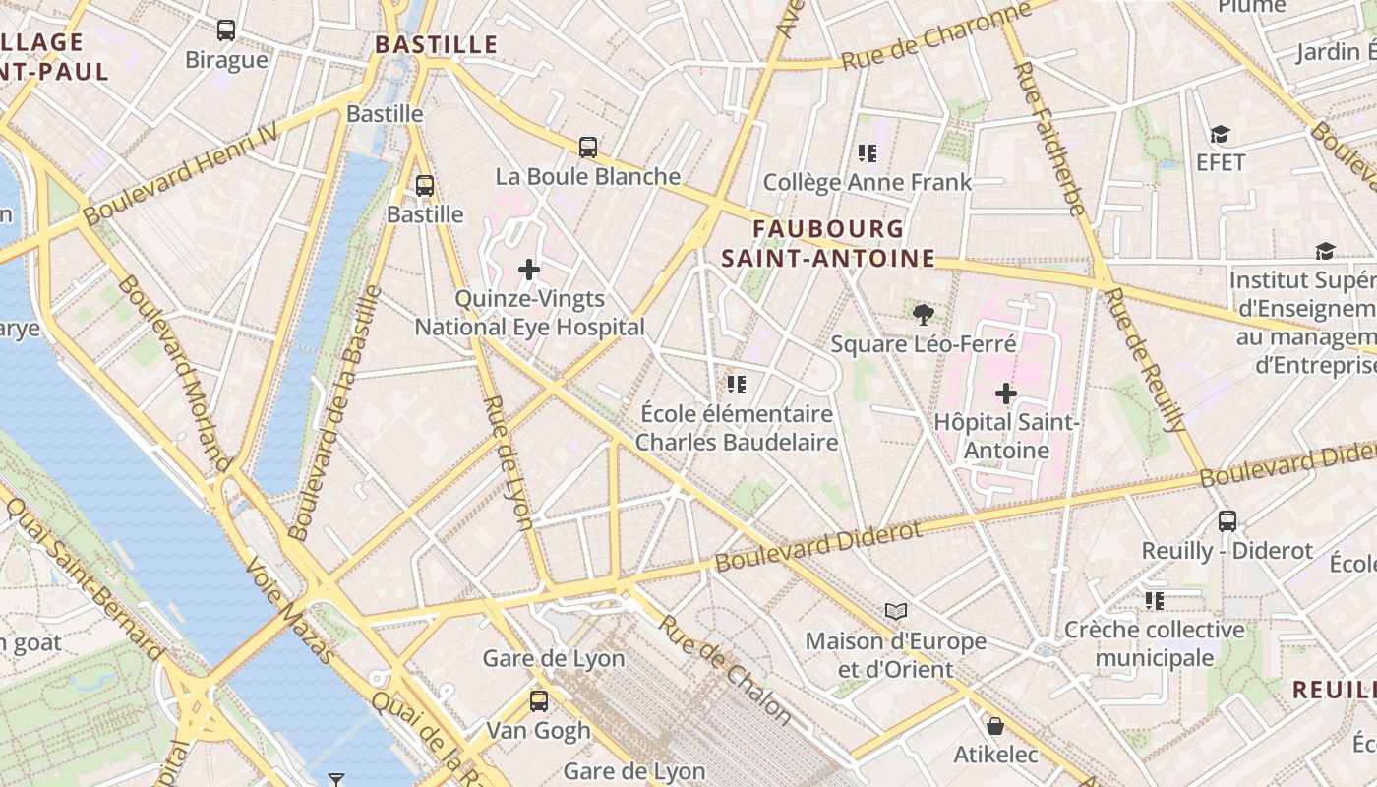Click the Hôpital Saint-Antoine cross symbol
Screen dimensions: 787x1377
point(1005,393)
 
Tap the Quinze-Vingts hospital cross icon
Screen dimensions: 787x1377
point(529,269)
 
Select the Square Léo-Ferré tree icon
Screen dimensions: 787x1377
point(923,315)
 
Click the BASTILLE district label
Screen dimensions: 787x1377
point(437,44)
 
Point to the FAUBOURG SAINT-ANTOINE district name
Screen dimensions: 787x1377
point(827,243)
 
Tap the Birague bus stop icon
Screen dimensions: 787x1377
point(226,30)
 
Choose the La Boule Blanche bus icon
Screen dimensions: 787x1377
point(588,148)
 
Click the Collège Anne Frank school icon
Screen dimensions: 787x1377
point(867,152)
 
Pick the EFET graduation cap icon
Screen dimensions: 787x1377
point(1220,134)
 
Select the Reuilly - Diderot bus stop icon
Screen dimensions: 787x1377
point(1227,521)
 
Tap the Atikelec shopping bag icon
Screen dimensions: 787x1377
point(995,726)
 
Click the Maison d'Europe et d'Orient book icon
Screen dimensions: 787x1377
point(895,612)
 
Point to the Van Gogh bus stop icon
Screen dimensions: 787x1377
point(538,701)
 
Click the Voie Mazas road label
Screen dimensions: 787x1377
point(289,610)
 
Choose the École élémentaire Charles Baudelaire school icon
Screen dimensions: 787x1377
point(736,384)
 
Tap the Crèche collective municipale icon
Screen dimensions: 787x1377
point(1154,600)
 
